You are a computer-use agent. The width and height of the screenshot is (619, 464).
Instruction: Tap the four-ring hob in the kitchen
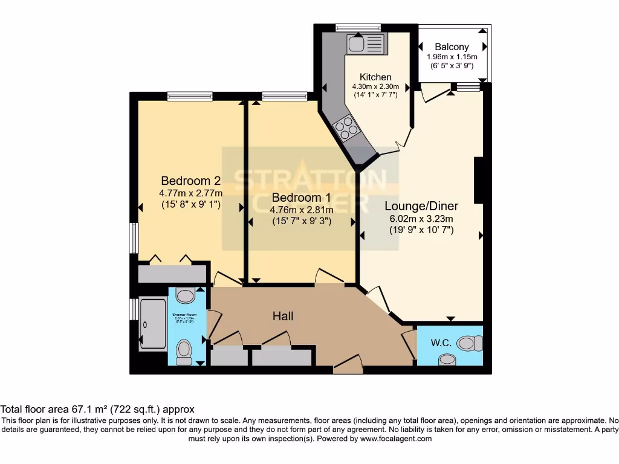click(347, 127)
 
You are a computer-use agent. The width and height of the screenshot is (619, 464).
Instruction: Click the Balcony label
click(452, 47)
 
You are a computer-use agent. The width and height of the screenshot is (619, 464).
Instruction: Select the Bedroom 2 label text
click(190, 181)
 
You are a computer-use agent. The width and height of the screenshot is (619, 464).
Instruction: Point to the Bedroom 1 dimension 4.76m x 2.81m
click(300, 210)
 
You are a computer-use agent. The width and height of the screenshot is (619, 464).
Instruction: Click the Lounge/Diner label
click(421, 206)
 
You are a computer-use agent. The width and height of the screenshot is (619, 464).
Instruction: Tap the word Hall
click(283, 316)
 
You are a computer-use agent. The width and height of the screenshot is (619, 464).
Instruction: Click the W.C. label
click(441, 343)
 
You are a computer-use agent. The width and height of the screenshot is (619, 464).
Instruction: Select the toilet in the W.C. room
click(470, 344)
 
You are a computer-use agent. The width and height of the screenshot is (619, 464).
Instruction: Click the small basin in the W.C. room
click(447, 359)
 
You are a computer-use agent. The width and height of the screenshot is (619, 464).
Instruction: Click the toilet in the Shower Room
click(184, 350)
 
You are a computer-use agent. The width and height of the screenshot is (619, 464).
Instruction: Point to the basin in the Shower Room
click(186, 295)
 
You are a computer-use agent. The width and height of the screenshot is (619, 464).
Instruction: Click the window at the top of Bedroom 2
click(190, 95)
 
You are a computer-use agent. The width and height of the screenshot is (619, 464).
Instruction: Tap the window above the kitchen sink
click(358, 27)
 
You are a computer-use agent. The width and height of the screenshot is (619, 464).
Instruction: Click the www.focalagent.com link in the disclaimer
click(395, 439)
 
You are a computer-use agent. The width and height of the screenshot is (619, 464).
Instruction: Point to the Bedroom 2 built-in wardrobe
click(172, 274)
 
